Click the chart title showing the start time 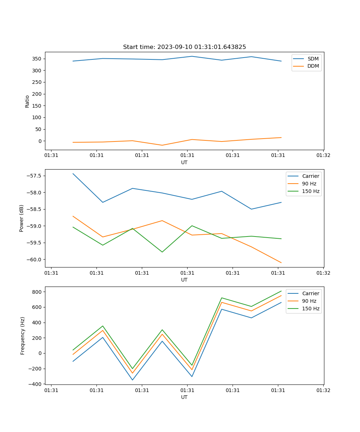coord(184,47)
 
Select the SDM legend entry coord(313,59)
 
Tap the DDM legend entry coord(313,66)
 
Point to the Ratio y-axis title coord(27,101)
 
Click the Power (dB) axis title coord(22,218)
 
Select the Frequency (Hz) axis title coord(23,336)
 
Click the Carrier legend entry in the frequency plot coord(310,293)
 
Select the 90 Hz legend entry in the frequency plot coord(309,301)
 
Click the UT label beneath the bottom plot coord(184,397)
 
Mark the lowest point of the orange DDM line coord(162,145)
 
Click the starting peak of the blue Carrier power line coord(73,174)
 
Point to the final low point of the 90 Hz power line coord(281,262)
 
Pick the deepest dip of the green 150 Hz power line coord(162,252)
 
